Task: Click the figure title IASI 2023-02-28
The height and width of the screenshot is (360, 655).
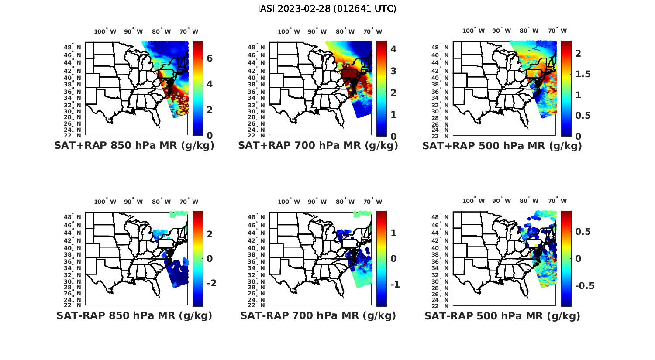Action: tap(327, 9)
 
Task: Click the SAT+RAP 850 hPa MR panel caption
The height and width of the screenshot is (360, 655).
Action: tap(134, 146)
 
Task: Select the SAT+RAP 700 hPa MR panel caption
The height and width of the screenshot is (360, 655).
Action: tap(318, 146)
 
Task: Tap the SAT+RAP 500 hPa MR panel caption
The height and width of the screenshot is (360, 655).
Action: tap(502, 146)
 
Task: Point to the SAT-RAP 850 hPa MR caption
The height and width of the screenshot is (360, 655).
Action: tap(134, 315)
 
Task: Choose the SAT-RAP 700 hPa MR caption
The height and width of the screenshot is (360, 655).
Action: tap(318, 315)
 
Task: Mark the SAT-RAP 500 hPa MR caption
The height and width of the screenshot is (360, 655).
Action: tap(502, 316)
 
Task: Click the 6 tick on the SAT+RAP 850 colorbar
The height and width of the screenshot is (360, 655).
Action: tap(210, 58)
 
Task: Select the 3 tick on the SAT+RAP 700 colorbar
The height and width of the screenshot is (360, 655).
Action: tap(393, 71)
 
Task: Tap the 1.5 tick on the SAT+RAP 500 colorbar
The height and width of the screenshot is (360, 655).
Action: tap(583, 74)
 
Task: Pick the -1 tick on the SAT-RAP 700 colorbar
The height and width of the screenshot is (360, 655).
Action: tap(394, 284)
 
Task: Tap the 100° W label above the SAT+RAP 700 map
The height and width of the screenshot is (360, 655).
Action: tap(289, 31)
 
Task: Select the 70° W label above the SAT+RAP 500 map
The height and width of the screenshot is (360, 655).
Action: tap(557, 31)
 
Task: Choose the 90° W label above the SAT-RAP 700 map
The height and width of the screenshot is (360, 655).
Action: tap(317, 202)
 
